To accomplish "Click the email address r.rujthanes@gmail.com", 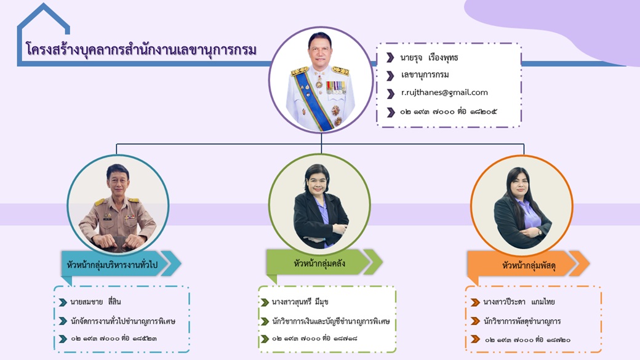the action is point(444,93).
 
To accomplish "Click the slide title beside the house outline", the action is point(141,50).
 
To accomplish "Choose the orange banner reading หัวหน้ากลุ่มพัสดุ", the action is point(528,264).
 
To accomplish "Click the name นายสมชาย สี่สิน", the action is point(95,302).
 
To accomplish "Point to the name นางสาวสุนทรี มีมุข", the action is point(300,302).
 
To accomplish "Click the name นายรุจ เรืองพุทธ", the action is point(429,58).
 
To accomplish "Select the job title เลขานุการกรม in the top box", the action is point(425,74).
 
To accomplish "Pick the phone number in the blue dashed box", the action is point(114,338).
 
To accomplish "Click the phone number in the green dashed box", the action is point(314,338).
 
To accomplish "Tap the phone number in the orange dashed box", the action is point(528,340).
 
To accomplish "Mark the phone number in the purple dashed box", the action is point(448,111).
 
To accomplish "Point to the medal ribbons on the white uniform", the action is point(336,87).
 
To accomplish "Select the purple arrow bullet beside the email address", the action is point(391,94).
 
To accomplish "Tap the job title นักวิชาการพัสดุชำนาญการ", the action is point(522,321).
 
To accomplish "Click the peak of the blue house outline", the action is point(43,4).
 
